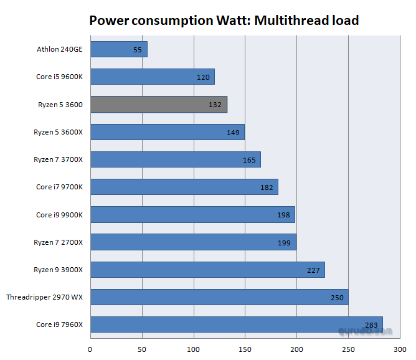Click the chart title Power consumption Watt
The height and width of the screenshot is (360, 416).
point(224,20)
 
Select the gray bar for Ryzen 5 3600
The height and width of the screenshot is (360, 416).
point(159,105)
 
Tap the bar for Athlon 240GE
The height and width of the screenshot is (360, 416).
point(119,49)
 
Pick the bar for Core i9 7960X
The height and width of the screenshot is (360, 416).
point(237,324)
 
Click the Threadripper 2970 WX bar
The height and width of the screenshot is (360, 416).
point(219,297)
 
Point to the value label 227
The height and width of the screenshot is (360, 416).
point(313,270)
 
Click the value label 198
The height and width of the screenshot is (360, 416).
point(283,215)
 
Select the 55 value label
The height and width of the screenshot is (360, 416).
point(138,49)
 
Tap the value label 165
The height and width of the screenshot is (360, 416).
point(249,160)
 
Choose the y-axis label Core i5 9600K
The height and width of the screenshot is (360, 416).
point(59,77)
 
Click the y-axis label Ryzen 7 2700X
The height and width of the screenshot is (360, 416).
point(58,242)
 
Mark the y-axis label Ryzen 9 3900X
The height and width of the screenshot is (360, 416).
point(58,270)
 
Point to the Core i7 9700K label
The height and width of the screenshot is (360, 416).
point(59,187)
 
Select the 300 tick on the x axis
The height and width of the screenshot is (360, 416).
point(399,349)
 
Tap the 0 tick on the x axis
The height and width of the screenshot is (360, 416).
point(91,349)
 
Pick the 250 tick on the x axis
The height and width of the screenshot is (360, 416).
point(348,349)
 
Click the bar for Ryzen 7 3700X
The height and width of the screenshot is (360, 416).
point(176,159)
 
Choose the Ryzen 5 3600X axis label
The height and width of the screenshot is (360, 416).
point(58,132)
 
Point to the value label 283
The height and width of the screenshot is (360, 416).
point(371,324)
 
